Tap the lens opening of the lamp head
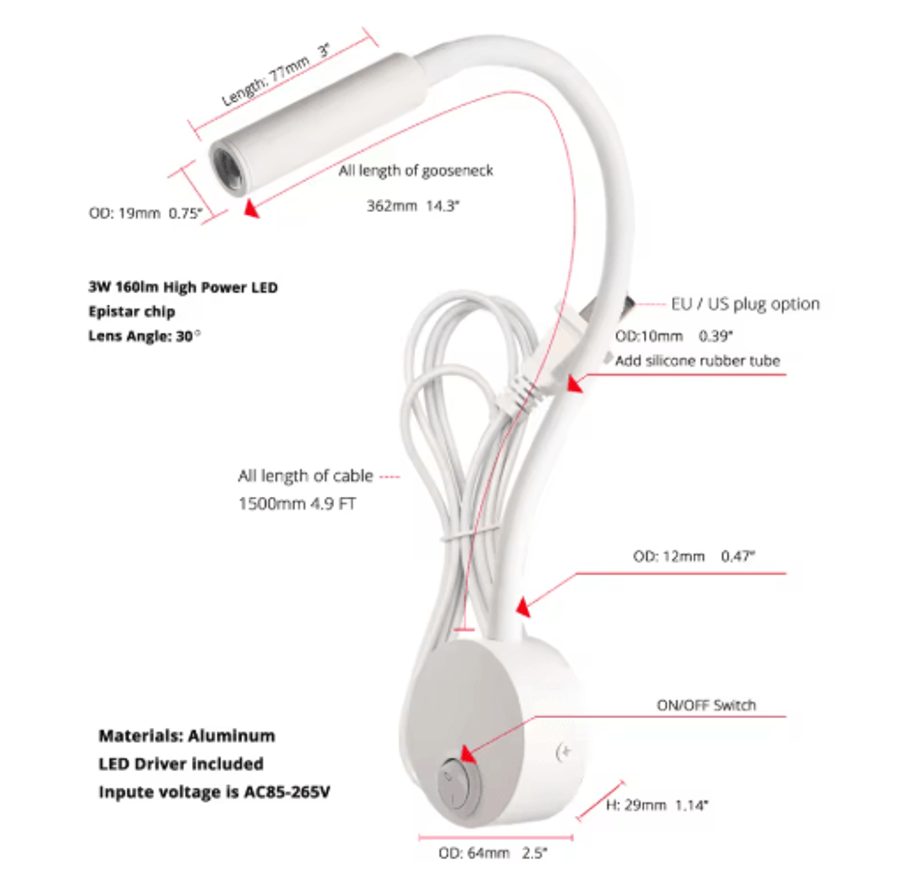tap(229, 169)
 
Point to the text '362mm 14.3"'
tap(413, 206)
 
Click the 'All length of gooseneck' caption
tap(416, 170)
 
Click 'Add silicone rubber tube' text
tap(697, 361)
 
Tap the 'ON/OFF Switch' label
tap(706, 705)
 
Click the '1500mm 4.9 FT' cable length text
tap(297, 504)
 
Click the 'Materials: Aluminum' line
tap(187, 736)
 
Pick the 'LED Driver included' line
tap(181, 764)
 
